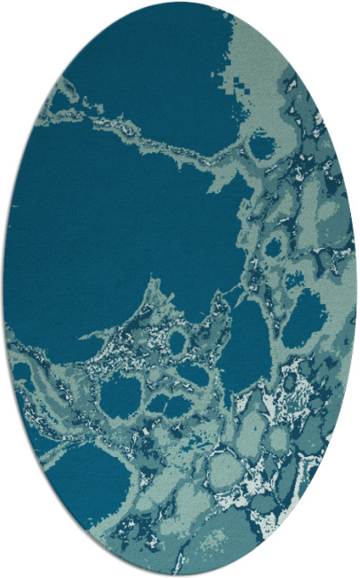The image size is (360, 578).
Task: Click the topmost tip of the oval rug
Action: [x=180, y=4]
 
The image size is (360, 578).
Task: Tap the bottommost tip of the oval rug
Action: [x=180, y=574]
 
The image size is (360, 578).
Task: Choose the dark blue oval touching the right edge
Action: [x=307, y=316]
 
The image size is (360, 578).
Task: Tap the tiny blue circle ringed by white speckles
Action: [x=178, y=341]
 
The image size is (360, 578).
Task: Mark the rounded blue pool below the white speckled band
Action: [x=120, y=396]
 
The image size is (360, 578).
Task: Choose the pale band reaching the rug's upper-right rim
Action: [x=267, y=53]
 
